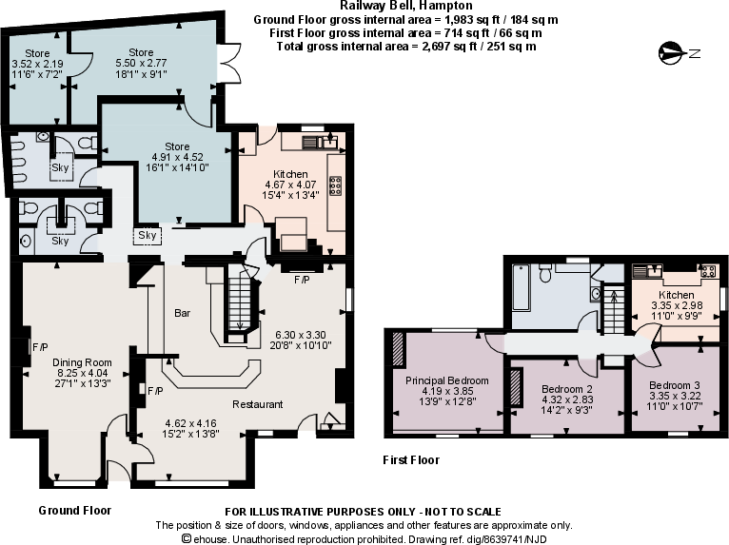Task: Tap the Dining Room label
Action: pyautogui.click(x=83, y=362)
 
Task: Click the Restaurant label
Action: pyautogui.click(x=258, y=404)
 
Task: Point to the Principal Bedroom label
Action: pyautogui.click(x=446, y=380)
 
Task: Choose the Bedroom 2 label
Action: pyautogui.click(x=567, y=389)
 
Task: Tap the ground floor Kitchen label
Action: pyautogui.click(x=290, y=174)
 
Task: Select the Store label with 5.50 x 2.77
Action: pyautogui.click(x=141, y=51)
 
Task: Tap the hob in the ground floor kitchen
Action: pyautogui.click(x=335, y=185)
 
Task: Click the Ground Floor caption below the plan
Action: pyautogui.click(x=74, y=511)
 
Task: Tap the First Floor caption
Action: pyautogui.click(x=411, y=460)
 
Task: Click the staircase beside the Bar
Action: pyautogui.click(x=237, y=304)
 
